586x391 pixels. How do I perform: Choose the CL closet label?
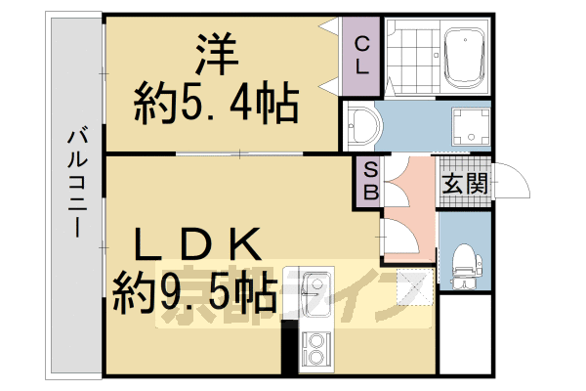pyautogui.click(x=361, y=55)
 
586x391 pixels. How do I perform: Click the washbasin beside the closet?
pyautogui.click(x=363, y=126)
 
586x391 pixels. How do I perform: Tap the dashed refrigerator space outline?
pyautogui.click(x=412, y=287)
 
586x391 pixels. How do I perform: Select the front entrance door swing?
pyautogui.click(x=513, y=183)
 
